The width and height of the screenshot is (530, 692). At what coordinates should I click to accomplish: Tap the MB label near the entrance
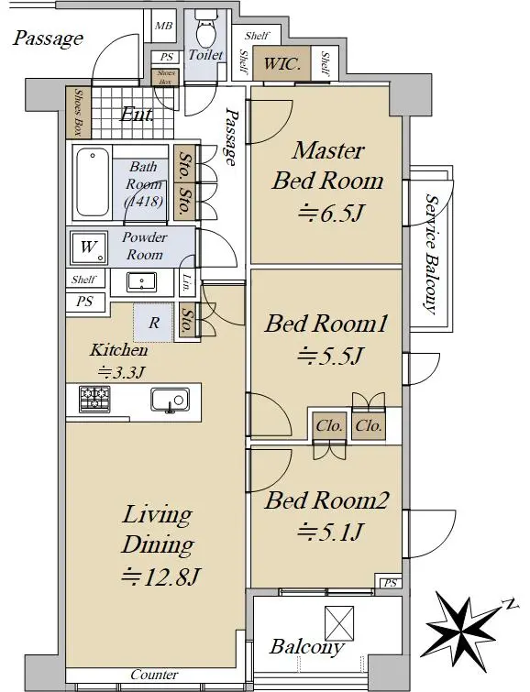[x=163, y=26]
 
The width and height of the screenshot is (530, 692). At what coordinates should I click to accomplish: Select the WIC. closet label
[x=282, y=64]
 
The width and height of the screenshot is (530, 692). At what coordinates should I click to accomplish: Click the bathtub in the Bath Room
[x=93, y=181]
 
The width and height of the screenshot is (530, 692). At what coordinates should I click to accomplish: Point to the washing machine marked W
[x=89, y=248]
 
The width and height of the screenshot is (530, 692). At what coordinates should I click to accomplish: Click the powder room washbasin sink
[x=141, y=282]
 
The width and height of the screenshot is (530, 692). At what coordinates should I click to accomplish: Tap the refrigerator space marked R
[x=153, y=322]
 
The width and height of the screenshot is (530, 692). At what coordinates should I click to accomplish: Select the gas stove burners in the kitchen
[x=94, y=399]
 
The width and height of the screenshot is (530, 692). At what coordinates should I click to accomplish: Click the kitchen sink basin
[x=170, y=401]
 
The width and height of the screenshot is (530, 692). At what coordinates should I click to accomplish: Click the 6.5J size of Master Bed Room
[x=330, y=214]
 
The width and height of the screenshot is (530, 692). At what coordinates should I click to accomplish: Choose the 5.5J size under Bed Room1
[x=330, y=356]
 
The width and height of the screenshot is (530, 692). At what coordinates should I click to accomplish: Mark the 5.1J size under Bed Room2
[x=329, y=532]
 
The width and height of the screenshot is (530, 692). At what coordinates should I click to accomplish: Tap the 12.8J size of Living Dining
[x=161, y=577]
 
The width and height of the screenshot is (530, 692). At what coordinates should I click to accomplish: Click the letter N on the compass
[x=512, y=604]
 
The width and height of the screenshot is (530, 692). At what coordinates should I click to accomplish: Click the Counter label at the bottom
[x=154, y=675]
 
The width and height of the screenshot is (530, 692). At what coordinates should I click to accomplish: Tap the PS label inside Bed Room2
[x=390, y=583]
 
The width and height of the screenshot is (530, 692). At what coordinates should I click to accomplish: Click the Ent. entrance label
[x=137, y=115]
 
